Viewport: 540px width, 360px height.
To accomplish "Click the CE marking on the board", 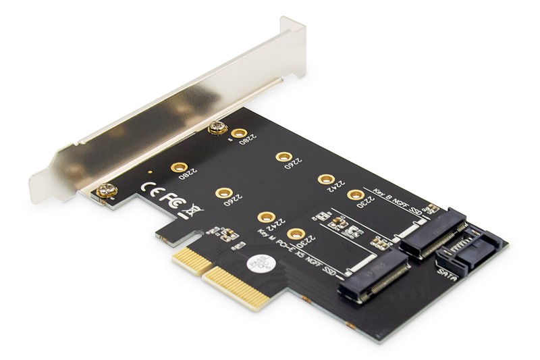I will point(150,187).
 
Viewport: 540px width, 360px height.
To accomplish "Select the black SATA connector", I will point(468,255).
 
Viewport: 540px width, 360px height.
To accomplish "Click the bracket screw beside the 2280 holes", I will point(215,126).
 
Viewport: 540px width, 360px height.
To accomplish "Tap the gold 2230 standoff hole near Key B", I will point(356,195).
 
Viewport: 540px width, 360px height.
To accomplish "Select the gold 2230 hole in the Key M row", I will point(294,234).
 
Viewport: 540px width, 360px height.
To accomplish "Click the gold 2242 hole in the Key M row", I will point(266,217).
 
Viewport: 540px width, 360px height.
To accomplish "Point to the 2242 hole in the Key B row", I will point(326,179).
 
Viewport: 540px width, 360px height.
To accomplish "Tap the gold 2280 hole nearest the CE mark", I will point(179,168).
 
